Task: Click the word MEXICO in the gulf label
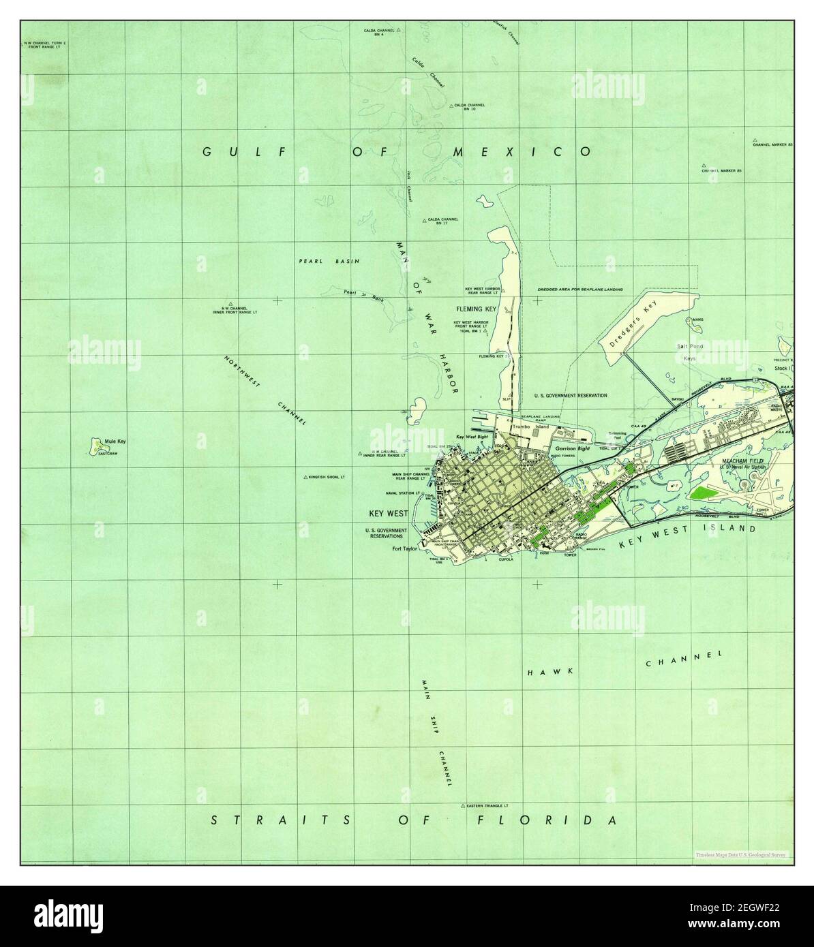tap(522, 151)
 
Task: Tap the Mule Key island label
tap(115, 441)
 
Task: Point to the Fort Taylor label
tap(404, 548)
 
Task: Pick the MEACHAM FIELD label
tap(743, 461)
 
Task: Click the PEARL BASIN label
tap(329, 261)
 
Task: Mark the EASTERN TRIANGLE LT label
tap(489, 805)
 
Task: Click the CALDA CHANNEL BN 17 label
tap(443, 221)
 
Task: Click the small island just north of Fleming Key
tap(485, 201)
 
